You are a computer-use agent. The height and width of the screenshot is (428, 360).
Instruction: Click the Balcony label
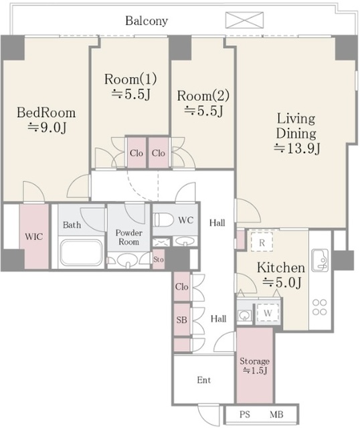(147, 21)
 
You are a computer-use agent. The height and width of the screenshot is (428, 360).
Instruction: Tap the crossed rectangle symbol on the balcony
(244, 20)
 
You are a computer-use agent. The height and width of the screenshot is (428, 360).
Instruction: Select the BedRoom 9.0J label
(46, 120)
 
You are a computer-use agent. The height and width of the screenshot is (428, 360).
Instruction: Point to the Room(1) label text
(130, 79)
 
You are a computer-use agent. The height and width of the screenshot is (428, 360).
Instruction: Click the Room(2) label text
(203, 96)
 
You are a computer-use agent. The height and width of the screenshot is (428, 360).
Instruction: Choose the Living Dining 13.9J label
(296, 134)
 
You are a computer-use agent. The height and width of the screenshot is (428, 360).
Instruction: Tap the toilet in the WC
(164, 219)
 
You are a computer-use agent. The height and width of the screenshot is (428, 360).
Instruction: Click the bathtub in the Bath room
(81, 252)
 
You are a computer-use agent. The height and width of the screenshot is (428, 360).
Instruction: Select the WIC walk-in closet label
(34, 236)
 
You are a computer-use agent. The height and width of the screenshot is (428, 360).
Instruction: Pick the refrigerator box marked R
(262, 242)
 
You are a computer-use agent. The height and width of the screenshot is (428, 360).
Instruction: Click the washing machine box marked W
(268, 313)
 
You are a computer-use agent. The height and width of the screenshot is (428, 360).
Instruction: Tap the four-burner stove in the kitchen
(320, 307)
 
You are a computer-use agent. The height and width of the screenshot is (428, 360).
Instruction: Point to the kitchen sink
(320, 260)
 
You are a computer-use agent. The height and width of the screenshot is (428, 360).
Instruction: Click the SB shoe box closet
(181, 320)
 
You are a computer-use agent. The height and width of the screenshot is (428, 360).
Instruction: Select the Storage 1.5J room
(254, 364)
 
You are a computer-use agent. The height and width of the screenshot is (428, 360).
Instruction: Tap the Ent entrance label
(204, 380)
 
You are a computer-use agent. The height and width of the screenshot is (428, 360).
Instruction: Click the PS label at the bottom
(245, 415)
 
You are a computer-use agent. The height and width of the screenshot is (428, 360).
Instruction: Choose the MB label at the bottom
(276, 415)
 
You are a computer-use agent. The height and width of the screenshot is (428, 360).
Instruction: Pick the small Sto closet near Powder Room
(159, 259)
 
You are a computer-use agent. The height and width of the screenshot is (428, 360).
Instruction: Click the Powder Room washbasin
(127, 260)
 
